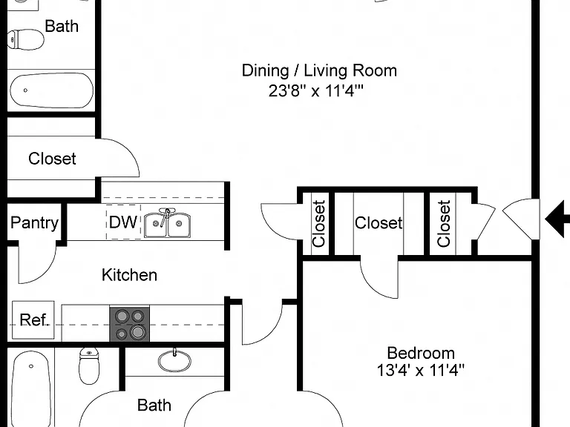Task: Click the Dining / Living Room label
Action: tap(319, 70)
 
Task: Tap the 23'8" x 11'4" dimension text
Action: tap(316, 90)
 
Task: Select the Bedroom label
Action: tap(421, 353)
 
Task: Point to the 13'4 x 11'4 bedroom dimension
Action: tap(421, 371)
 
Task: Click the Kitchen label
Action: tap(129, 275)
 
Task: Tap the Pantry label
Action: tap(35, 223)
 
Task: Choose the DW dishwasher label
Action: tap(123, 222)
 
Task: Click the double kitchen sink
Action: tap(167, 223)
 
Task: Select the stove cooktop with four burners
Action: tap(130, 324)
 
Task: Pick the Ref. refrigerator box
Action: tap(33, 320)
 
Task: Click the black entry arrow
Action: tap(557, 219)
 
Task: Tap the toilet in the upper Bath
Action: tap(25, 39)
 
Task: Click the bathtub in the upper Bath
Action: tap(51, 90)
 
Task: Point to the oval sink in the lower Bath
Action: tap(174, 360)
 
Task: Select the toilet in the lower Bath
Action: tap(89, 365)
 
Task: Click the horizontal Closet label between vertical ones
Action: tap(379, 223)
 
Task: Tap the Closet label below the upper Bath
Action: tap(53, 159)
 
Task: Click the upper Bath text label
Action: tap(62, 26)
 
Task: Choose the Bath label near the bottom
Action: tap(154, 406)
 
